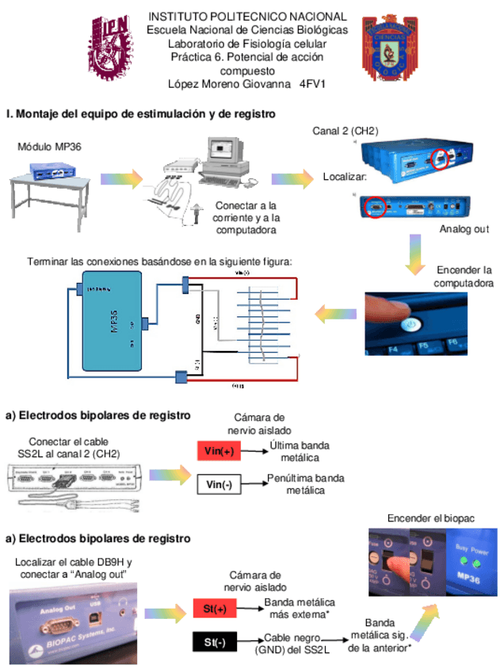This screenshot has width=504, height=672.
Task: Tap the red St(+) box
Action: click(214, 609)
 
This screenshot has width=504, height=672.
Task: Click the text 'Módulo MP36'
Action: click(50, 147)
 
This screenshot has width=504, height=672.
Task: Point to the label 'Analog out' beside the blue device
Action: click(465, 230)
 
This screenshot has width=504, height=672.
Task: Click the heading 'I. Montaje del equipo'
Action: click(140, 114)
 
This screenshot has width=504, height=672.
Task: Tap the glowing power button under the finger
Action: click(410, 324)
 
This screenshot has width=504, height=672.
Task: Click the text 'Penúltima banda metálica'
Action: click(305, 484)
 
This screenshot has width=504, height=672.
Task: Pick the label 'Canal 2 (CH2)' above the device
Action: click(346, 131)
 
